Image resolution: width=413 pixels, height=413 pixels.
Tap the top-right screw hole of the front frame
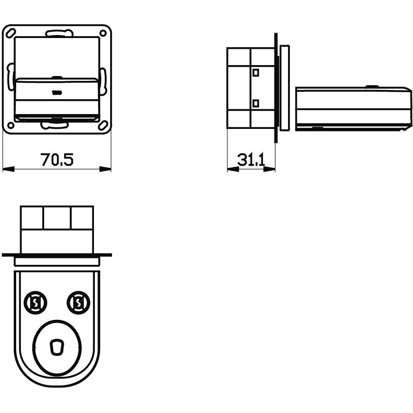[x=103, y=33]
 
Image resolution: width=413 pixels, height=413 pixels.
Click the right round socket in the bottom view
[x=78, y=302]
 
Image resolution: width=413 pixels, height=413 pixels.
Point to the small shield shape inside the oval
[x=56, y=347]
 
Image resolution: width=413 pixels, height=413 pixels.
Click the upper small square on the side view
[x=256, y=71]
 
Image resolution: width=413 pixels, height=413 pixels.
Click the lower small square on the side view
[x=256, y=103]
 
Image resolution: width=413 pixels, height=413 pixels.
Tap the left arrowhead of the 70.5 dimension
[x=8, y=169]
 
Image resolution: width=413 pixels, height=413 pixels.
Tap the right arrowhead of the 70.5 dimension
[x=106, y=169]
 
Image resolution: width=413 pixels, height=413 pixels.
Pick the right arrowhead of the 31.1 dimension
[x=271, y=169]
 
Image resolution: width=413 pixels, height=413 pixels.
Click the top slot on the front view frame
[x=57, y=33]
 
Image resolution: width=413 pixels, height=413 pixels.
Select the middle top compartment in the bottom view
[x=57, y=217]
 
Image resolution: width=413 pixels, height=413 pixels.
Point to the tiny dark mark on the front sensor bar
[x=57, y=92]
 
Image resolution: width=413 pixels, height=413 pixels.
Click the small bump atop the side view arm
[x=372, y=87]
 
